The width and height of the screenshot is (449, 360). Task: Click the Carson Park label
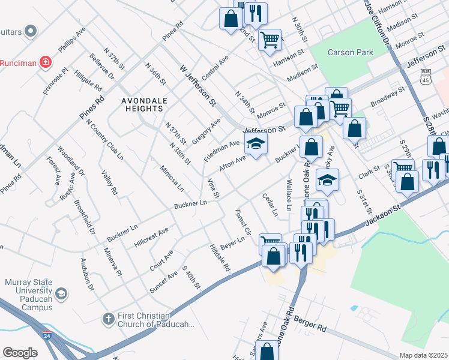pyautogui.click(x=350, y=52)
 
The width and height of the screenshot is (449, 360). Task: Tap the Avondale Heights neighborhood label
pyautogui.click(x=142, y=104)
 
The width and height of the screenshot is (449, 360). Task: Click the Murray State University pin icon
pyautogui.click(x=61, y=293)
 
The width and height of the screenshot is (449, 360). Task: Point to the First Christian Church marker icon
pyautogui.click(x=109, y=318)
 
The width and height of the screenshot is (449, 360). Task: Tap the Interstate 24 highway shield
pyautogui.click(x=47, y=335)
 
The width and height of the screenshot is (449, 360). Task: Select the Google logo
pyautogui.click(x=20, y=353)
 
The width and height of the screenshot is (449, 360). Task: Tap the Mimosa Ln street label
pyautogui.click(x=172, y=178)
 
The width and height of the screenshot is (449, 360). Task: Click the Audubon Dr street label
pyautogui.click(x=87, y=274)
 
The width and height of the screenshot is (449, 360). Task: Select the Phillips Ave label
pyautogui.click(x=72, y=39)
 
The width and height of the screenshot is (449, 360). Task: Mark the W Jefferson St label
pyautogui.click(x=197, y=86)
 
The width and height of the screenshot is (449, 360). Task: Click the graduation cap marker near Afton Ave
pyautogui.click(x=256, y=144)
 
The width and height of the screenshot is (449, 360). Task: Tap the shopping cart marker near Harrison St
pyautogui.click(x=271, y=40)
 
